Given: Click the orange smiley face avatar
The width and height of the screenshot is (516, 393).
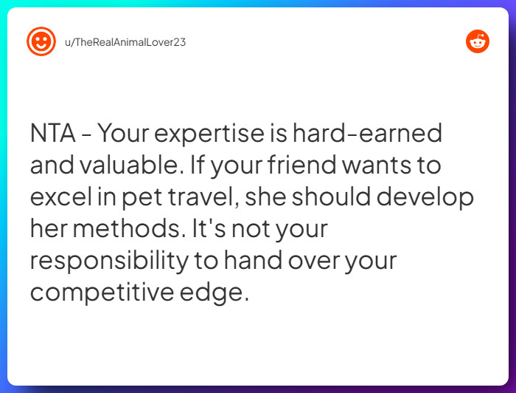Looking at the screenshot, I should [x=41, y=41].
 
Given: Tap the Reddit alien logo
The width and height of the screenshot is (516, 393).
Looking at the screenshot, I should [x=478, y=41].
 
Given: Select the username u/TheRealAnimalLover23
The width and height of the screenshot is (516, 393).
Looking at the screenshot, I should [x=125, y=42].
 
